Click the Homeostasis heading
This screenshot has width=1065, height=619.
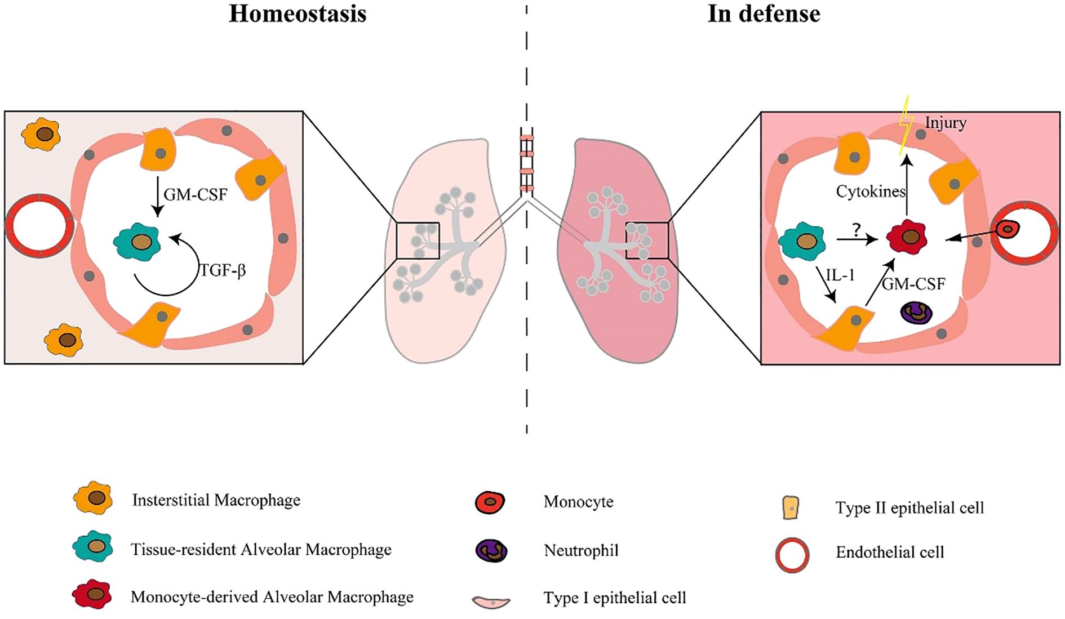[298, 14]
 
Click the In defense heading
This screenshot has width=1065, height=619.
[764, 14]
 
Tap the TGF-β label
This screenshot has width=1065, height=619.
[223, 271]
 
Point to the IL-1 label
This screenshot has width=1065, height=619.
[840, 275]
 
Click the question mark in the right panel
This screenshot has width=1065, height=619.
[857, 230]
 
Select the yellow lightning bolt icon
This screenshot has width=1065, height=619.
[906, 125]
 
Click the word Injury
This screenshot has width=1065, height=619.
[946, 123]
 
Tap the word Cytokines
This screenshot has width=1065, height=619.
[871, 192]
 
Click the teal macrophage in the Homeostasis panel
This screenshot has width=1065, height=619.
[137, 242]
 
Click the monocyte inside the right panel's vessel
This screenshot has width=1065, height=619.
[1008, 229]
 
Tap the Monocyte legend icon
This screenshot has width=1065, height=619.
[490, 501]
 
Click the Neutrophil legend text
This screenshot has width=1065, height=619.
[581, 550]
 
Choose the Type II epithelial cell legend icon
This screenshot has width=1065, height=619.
[791, 507]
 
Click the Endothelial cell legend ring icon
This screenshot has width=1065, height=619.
[792, 555]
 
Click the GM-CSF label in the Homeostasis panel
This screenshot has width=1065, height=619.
[196, 195]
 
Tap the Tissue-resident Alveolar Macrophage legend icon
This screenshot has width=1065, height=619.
[93, 546]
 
